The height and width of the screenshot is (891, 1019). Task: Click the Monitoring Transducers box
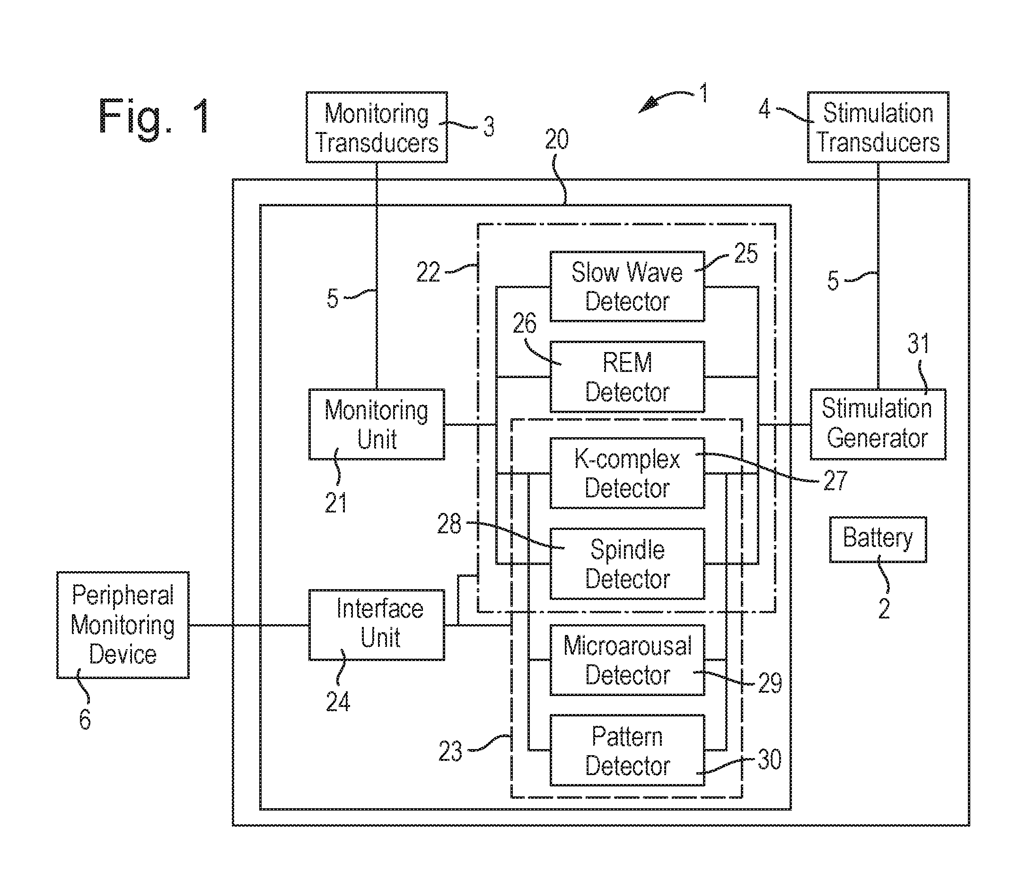[376, 127]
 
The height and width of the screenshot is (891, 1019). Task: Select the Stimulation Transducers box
[878, 127]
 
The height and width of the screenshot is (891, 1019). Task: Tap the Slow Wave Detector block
[627, 286]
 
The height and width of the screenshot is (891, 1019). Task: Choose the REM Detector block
[627, 377]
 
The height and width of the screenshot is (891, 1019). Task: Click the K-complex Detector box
[627, 473]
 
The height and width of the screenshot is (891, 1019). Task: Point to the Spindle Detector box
[627, 564]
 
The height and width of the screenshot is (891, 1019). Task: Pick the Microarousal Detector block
[627, 660]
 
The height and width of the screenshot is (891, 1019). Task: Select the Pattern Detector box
[627, 750]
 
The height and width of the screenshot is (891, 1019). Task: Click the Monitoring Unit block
[376, 424]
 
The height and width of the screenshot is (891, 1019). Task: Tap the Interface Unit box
[376, 625]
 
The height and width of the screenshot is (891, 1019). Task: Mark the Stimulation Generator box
[878, 424]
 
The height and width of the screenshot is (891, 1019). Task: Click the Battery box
[878, 539]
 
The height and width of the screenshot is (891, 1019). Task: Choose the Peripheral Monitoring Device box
[123, 625]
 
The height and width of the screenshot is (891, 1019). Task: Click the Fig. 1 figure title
[154, 117]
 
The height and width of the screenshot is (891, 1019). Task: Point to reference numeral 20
[556, 140]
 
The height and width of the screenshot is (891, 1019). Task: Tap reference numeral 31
[918, 344]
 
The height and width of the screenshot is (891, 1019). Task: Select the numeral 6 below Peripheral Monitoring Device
[85, 719]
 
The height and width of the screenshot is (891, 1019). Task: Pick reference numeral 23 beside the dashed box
[450, 751]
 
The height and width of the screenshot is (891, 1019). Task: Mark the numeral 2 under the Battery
[883, 609]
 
